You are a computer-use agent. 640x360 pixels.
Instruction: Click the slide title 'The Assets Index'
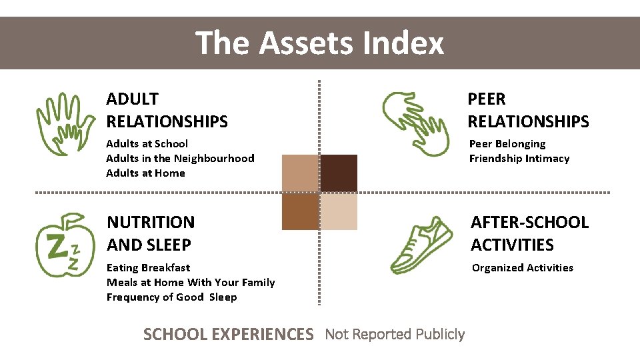point(320,43)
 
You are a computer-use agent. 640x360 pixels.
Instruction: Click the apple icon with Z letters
point(65,245)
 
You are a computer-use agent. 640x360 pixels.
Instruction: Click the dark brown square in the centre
point(339,173)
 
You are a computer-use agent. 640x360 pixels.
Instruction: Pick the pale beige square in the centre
point(339,211)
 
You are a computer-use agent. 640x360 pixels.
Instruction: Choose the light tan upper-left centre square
point(301,173)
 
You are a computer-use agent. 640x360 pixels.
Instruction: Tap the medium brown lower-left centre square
point(301,211)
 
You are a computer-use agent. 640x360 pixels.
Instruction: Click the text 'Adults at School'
point(147,143)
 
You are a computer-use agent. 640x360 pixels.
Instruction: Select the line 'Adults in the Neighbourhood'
point(180,158)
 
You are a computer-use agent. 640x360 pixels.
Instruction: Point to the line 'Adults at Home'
point(145,173)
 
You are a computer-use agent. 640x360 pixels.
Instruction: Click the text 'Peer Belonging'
point(507,143)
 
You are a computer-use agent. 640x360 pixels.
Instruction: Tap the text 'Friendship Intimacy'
point(519,158)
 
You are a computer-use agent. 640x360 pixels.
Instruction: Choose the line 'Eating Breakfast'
point(148,267)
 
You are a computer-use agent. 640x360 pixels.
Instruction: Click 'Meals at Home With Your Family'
point(191,282)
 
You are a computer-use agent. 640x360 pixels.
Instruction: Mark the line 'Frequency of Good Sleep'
point(171,297)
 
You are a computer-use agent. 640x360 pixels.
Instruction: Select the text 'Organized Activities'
point(522,267)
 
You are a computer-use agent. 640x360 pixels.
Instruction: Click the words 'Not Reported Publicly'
point(395,334)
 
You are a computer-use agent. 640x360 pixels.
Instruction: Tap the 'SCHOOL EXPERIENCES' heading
point(228,334)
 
